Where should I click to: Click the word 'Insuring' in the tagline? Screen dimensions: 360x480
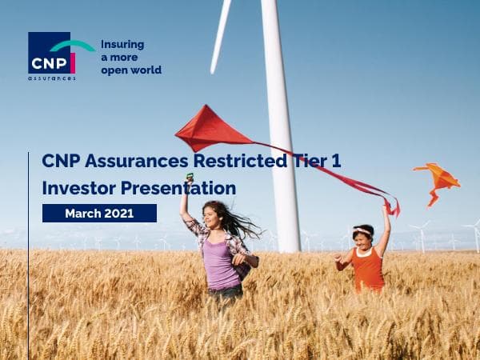coord(122,45)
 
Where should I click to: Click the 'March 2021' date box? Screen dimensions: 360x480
coord(99,213)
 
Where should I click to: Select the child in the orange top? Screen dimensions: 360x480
coord(366,260)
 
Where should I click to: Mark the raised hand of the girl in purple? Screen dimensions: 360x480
coord(189,182)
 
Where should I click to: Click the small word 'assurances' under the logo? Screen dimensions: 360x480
coord(51,78)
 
